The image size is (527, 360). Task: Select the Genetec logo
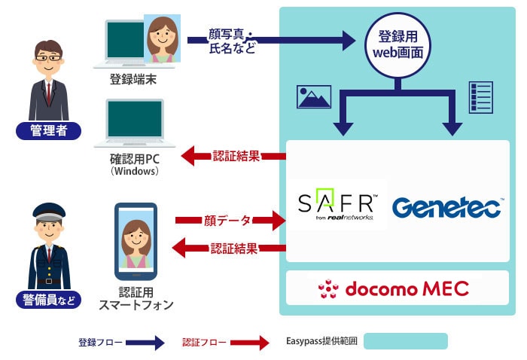point(447,206)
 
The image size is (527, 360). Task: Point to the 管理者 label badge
point(49,131)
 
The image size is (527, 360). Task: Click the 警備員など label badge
point(49,301)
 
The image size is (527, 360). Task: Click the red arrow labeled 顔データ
point(230,221)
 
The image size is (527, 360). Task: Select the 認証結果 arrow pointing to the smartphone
point(226,248)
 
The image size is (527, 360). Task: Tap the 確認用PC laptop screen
point(135,118)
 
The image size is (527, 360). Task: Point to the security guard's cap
point(49,212)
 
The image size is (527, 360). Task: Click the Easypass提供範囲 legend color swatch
point(405,342)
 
